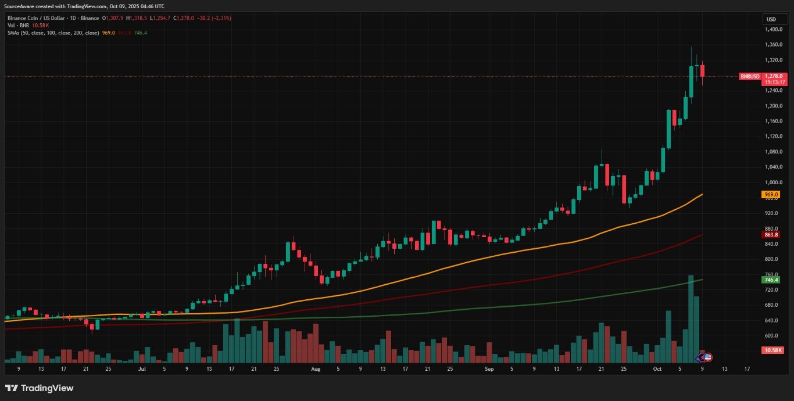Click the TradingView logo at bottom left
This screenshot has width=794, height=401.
[x=39, y=388]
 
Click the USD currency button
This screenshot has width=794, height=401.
[x=771, y=19]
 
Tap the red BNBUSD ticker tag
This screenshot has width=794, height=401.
[x=750, y=76]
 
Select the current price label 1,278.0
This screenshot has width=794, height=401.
[x=774, y=76]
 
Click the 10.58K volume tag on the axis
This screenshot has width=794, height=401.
[x=772, y=350]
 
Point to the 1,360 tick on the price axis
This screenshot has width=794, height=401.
[x=773, y=45]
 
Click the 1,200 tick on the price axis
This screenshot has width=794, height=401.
[x=773, y=106]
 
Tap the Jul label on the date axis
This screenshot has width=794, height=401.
[x=142, y=369]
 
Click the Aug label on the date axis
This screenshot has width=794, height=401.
[x=316, y=369]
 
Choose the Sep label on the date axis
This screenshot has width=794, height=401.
[x=489, y=369]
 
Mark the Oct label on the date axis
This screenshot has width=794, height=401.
[x=657, y=369]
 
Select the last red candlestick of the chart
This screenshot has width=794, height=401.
[x=702, y=70]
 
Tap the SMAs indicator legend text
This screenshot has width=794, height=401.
[x=53, y=33]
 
